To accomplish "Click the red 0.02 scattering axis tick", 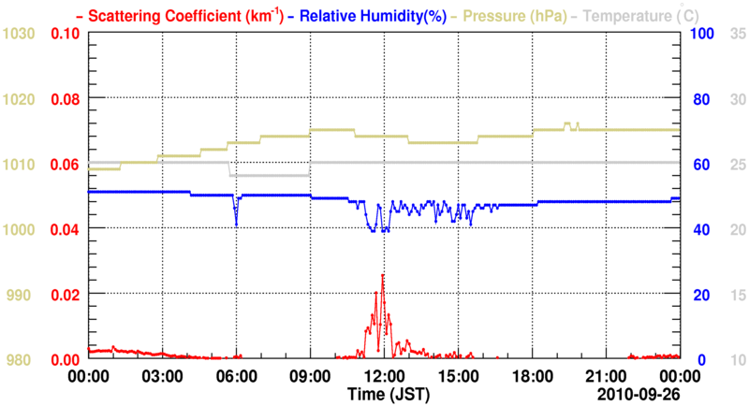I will click(x=65, y=295).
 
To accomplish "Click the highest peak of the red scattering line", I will click(x=382, y=275).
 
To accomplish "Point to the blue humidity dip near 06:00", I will click(x=236, y=225).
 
